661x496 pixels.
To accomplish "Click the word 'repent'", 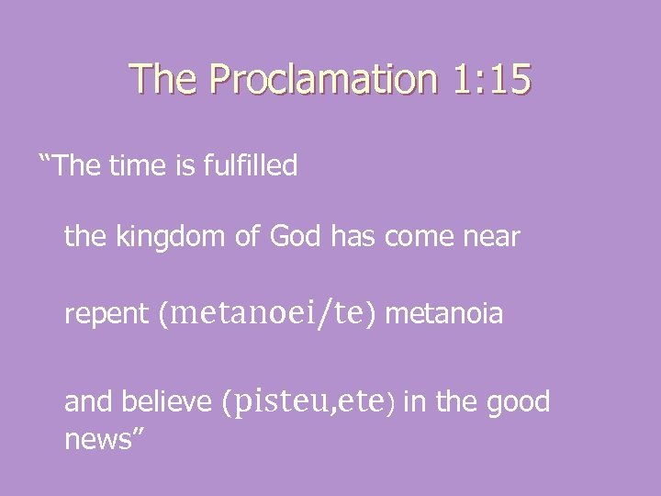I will point(107,315).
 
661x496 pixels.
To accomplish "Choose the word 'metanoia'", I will point(444,315).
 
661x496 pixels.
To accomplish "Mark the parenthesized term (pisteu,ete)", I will point(308,401).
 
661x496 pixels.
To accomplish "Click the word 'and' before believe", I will point(83,401).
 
